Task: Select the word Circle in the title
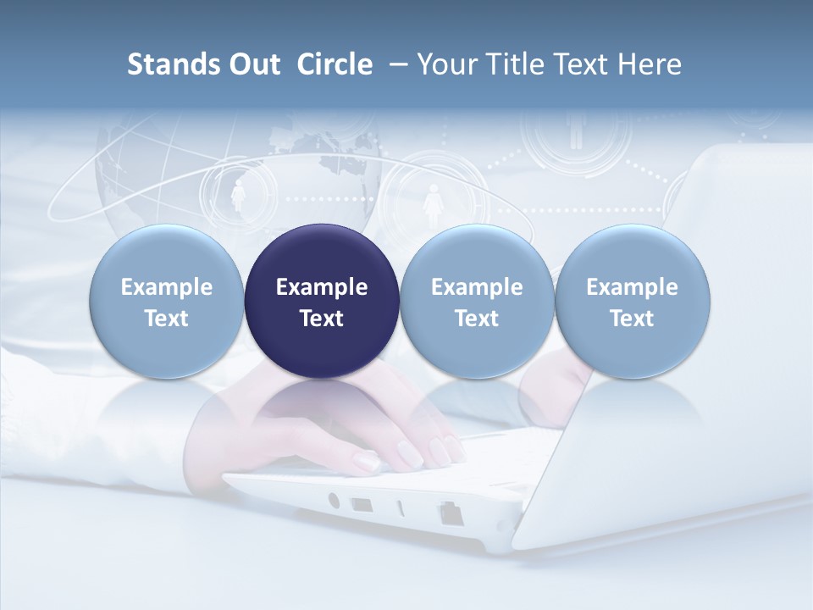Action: click(335, 64)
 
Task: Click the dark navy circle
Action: click(322, 301)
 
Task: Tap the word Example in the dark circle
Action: click(322, 287)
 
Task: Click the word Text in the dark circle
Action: click(322, 319)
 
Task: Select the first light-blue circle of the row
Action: click(167, 301)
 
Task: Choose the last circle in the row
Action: click(633, 301)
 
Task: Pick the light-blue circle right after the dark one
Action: click(477, 301)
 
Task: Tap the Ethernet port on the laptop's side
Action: click(449, 513)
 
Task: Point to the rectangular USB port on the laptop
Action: click(361, 505)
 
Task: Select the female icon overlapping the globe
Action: click(238, 197)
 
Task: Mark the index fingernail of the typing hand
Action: click(366, 460)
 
